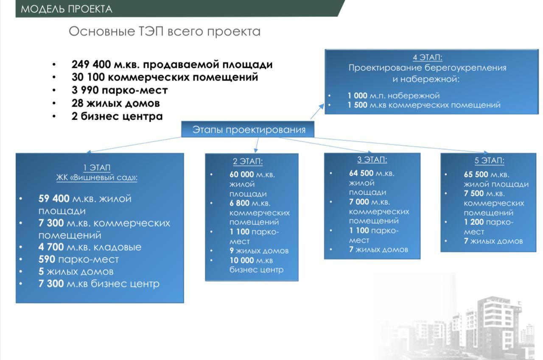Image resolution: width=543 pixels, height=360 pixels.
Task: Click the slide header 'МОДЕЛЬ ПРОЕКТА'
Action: pos(67,9)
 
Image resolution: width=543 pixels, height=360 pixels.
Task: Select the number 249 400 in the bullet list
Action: pos(91,64)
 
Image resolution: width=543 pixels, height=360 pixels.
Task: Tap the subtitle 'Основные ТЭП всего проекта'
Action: pos(165,31)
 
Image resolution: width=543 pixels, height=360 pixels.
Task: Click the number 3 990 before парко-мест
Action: pos(85,90)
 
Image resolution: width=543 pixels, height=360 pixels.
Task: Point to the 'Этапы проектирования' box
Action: pos(248,129)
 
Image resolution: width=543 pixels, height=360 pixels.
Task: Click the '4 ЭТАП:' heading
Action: pos(428,57)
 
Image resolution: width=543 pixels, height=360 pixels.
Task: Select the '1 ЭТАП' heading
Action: pos(97,167)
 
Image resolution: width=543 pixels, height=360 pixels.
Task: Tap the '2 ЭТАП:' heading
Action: pos(248,161)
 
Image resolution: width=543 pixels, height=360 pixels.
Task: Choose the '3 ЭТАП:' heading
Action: pos(372,159)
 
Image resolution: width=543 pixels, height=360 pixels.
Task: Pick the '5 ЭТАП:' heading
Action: pos(490,160)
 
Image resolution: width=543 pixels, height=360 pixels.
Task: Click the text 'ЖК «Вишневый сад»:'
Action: pos(97,178)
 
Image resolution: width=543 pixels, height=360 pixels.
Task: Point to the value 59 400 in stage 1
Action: pos(54,198)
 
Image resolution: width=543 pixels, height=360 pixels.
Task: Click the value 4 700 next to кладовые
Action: pos(51,247)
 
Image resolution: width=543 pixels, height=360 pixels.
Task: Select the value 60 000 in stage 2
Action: pos(242,174)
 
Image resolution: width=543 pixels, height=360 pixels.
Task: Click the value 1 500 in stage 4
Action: pos(357,105)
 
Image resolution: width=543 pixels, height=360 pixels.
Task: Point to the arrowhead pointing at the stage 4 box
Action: pos(322,106)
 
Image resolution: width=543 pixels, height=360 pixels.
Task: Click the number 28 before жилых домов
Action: pos(78,103)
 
